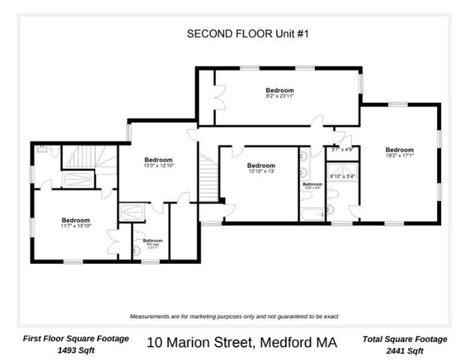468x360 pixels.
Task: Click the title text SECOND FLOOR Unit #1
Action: pos(235,33)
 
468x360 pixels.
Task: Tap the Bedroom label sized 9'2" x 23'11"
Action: pos(279,93)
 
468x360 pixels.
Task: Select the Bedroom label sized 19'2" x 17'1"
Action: pos(399,152)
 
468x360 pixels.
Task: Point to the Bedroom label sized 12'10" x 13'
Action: pos(261,168)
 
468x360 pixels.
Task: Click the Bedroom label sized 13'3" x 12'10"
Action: pos(158,162)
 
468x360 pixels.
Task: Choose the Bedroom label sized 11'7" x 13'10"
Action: pos(75,223)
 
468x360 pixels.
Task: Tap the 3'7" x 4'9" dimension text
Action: pos(342,150)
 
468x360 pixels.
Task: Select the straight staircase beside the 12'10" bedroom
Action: pos(208,178)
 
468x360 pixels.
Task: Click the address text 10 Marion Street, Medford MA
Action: pos(241,343)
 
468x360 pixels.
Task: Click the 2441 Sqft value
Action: pos(405,350)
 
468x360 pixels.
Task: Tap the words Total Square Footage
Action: pos(405,339)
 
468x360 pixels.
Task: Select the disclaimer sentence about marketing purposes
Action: pos(234,316)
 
